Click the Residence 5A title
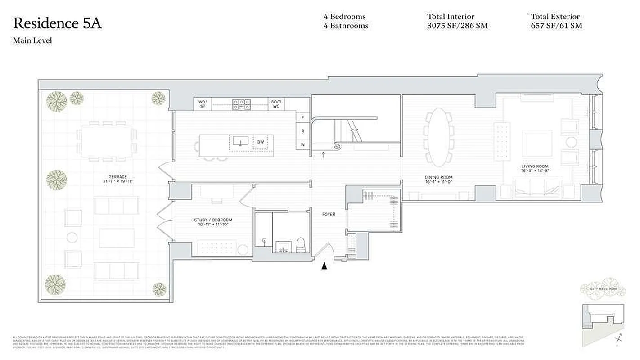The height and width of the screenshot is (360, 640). (x=57, y=23)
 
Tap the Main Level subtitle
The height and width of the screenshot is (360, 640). (x=32, y=41)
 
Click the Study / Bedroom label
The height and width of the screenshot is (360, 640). (x=213, y=220)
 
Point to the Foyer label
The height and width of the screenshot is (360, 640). (x=329, y=214)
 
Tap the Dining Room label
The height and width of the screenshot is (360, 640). (x=438, y=177)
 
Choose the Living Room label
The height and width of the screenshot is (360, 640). (x=535, y=166)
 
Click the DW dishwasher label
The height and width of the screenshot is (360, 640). (x=261, y=143)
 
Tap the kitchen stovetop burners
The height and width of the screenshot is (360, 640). (x=241, y=104)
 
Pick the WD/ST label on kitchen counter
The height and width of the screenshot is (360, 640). (x=203, y=104)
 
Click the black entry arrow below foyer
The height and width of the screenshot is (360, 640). (x=324, y=266)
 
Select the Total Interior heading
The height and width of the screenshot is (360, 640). (x=451, y=17)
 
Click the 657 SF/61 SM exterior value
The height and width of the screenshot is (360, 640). (x=556, y=26)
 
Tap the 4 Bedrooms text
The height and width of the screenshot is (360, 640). (x=344, y=17)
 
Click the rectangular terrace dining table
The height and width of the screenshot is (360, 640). (x=107, y=141)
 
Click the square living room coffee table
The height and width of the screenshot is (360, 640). (x=536, y=143)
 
